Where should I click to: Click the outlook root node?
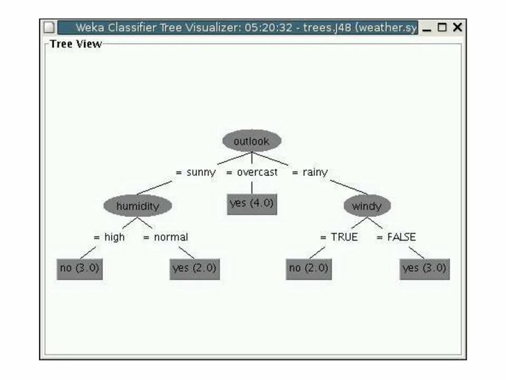click(x=251, y=141)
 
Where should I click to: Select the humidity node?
click(x=138, y=205)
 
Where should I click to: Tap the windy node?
click(x=367, y=206)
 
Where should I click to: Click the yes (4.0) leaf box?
click(x=252, y=203)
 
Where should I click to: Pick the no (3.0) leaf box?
click(x=79, y=268)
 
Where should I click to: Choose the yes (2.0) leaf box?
click(x=194, y=268)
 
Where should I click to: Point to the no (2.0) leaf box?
click(x=308, y=268)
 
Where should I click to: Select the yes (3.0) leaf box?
click(x=424, y=268)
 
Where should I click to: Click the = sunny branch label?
click(x=196, y=172)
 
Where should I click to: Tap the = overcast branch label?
click(x=252, y=172)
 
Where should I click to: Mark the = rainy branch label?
click(x=310, y=172)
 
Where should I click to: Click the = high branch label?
click(x=109, y=237)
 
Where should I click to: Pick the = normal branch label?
click(x=166, y=237)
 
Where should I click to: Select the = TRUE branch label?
click(x=339, y=237)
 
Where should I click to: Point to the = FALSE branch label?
click(x=396, y=237)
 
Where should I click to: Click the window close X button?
click(x=458, y=27)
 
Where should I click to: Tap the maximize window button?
click(x=442, y=27)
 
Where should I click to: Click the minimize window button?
click(x=427, y=28)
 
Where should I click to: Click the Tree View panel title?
click(x=75, y=44)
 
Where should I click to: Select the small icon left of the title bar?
click(x=48, y=27)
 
